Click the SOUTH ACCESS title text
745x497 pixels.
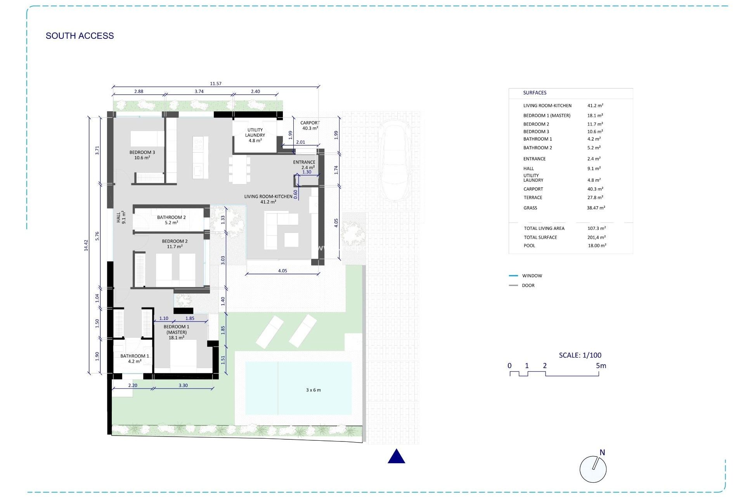(80, 36)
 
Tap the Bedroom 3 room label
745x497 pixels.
(142, 155)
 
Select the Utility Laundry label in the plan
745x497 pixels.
(255, 135)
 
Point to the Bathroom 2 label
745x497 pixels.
(171, 220)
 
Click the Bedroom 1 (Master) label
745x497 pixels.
(176, 332)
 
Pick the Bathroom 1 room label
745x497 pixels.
(134, 358)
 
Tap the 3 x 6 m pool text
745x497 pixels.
(313, 390)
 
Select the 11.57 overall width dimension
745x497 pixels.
(216, 83)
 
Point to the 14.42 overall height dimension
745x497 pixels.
(86, 245)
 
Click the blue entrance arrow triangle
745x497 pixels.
(396, 457)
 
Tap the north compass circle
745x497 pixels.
(593, 469)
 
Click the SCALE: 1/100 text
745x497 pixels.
(580, 355)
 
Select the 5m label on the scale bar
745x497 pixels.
(601, 365)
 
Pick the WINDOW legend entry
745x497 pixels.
(532, 276)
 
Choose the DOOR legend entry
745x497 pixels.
(528, 285)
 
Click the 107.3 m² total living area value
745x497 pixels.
(596, 228)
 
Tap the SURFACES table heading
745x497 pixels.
(535, 93)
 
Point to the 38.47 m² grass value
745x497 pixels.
(596, 208)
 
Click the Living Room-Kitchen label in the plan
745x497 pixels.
(268, 199)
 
